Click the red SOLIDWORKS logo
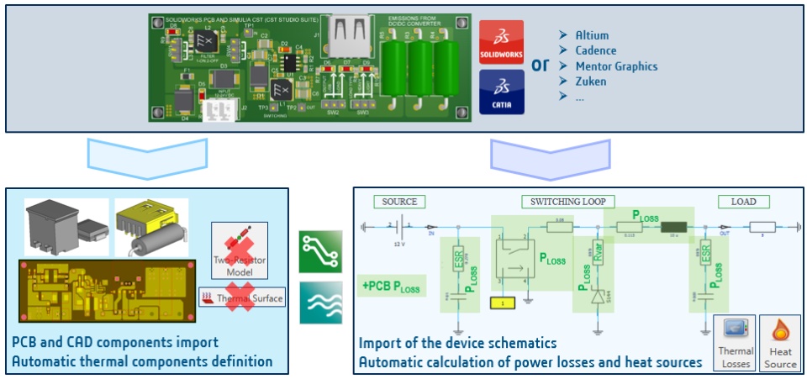(501, 43)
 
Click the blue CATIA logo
(501, 92)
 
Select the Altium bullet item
(593, 35)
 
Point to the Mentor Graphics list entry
(616, 66)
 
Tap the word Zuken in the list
(591, 82)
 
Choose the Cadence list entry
(595, 50)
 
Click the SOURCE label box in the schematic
(399, 202)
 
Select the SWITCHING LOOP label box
(567, 202)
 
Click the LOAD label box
(744, 202)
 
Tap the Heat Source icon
(780, 344)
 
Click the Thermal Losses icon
(734, 344)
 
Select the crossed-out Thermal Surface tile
(243, 297)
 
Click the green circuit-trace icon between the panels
(320, 251)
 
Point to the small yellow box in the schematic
(502, 301)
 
